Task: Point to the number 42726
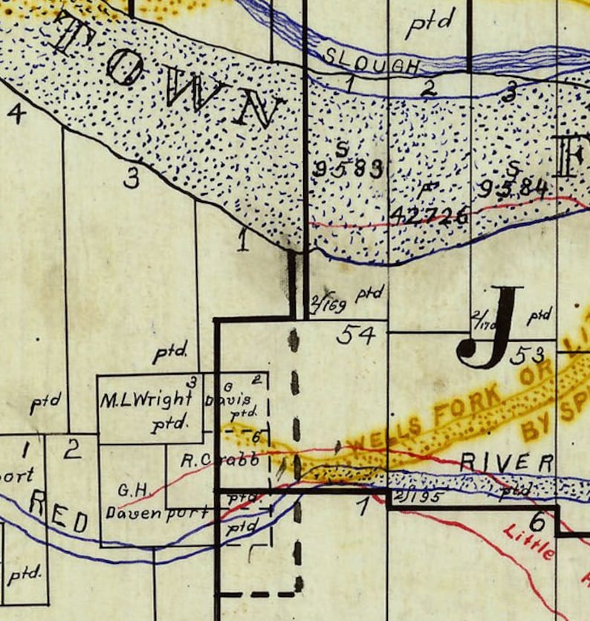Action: click(x=429, y=215)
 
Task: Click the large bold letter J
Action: click(x=491, y=327)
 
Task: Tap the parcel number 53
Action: click(x=528, y=355)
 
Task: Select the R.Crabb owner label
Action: click(x=220, y=460)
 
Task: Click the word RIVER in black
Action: click(x=506, y=461)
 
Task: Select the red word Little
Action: click(x=529, y=542)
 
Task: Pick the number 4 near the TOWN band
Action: click(x=16, y=113)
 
